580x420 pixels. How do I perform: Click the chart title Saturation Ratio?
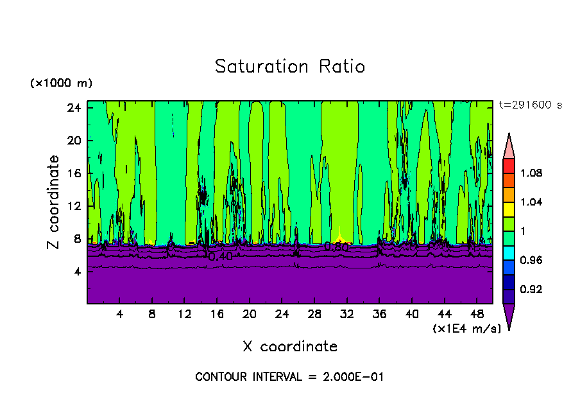click(289, 67)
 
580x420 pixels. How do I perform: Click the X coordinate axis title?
click(290, 347)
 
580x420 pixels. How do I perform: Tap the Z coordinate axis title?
click(54, 202)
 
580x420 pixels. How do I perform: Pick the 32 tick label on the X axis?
click(346, 314)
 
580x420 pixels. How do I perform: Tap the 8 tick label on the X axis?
click(152, 314)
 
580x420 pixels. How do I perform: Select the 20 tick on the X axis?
click(249, 314)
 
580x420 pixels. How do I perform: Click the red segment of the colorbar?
click(509, 166)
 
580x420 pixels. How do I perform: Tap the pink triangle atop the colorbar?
click(509, 146)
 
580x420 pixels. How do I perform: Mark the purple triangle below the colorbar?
click(509, 316)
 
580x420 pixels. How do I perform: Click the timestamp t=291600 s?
click(530, 105)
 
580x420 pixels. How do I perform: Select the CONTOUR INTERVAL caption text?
click(289, 377)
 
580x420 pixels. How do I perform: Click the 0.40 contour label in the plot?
click(220, 256)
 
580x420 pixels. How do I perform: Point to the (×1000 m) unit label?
click(61, 83)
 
